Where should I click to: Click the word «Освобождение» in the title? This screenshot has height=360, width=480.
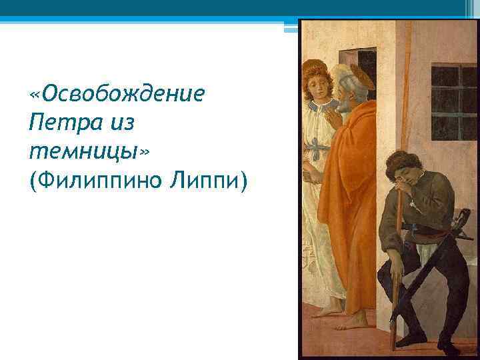pos(117,93)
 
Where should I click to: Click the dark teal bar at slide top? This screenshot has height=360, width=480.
pos(240,8)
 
